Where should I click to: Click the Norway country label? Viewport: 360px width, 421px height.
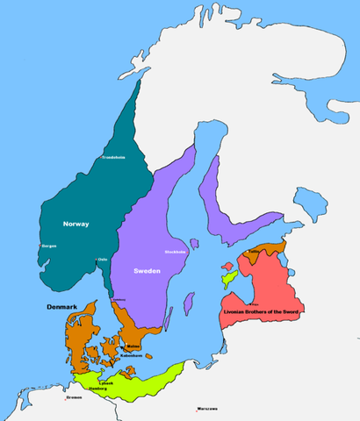pos(76,225)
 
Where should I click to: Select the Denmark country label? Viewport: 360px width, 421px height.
pos(63,308)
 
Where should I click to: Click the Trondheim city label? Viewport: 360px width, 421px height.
pos(115,158)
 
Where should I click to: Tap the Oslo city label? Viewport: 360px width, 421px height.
pos(102,259)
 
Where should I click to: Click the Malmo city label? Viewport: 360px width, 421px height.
pos(133,346)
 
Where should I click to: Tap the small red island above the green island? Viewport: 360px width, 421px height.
pos(227,266)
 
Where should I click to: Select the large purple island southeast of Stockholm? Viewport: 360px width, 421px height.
pos(190,300)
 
